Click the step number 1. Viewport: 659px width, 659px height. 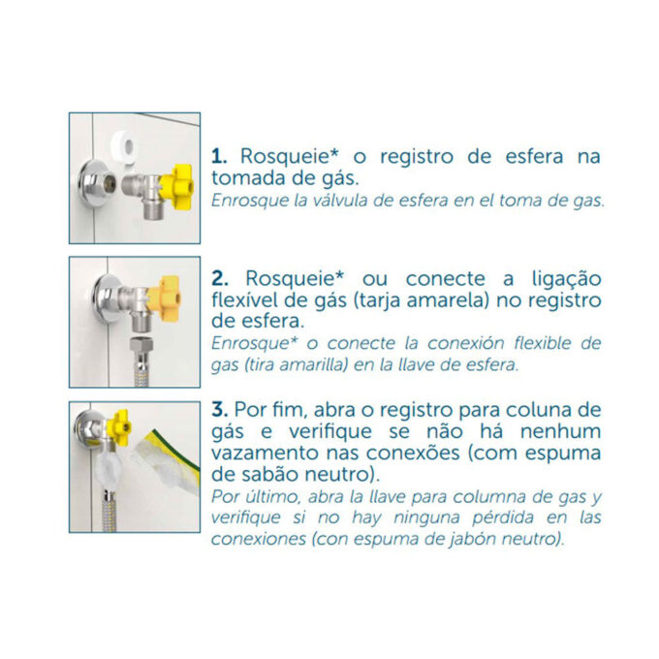coord(219,156)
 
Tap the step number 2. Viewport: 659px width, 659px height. coord(220,279)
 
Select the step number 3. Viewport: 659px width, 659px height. coord(220,409)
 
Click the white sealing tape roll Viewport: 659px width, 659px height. coord(125,147)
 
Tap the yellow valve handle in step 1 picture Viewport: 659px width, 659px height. coord(175,186)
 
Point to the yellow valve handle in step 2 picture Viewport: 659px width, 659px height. coord(164,298)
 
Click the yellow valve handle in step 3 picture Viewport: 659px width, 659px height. coord(118,427)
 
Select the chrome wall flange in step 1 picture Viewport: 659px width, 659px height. coord(93,184)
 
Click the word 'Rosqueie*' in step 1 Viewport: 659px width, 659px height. coord(289,156)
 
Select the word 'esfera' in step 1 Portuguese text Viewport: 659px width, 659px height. coord(534,156)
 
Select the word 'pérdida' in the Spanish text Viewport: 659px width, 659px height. coord(503,518)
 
